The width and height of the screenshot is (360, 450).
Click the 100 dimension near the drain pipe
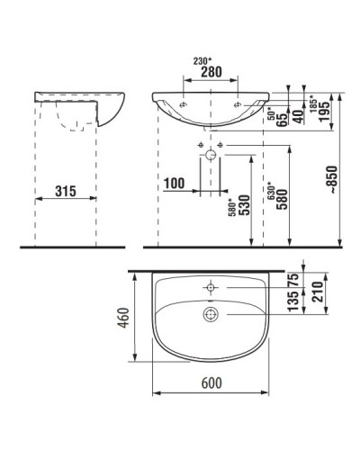[x=176, y=184]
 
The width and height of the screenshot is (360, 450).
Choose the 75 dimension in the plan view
[x=292, y=278]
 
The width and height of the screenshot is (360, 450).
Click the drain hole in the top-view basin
[x=211, y=313]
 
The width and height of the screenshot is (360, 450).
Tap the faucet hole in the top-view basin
[x=211, y=287]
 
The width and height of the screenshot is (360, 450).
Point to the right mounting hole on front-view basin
[x=239, y=104]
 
